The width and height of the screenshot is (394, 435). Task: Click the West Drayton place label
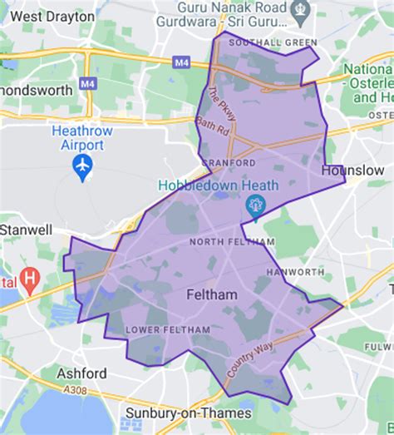coord(53,16)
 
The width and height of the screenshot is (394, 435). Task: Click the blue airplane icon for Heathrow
coord(82,169)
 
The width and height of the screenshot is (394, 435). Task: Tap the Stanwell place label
coord(26,229)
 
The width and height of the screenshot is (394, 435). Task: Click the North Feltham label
coord(232,242)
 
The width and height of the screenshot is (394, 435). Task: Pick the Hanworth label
coord(295,272)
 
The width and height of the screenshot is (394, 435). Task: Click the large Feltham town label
coord(211,295)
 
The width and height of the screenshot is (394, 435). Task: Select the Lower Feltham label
coord(155,330)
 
